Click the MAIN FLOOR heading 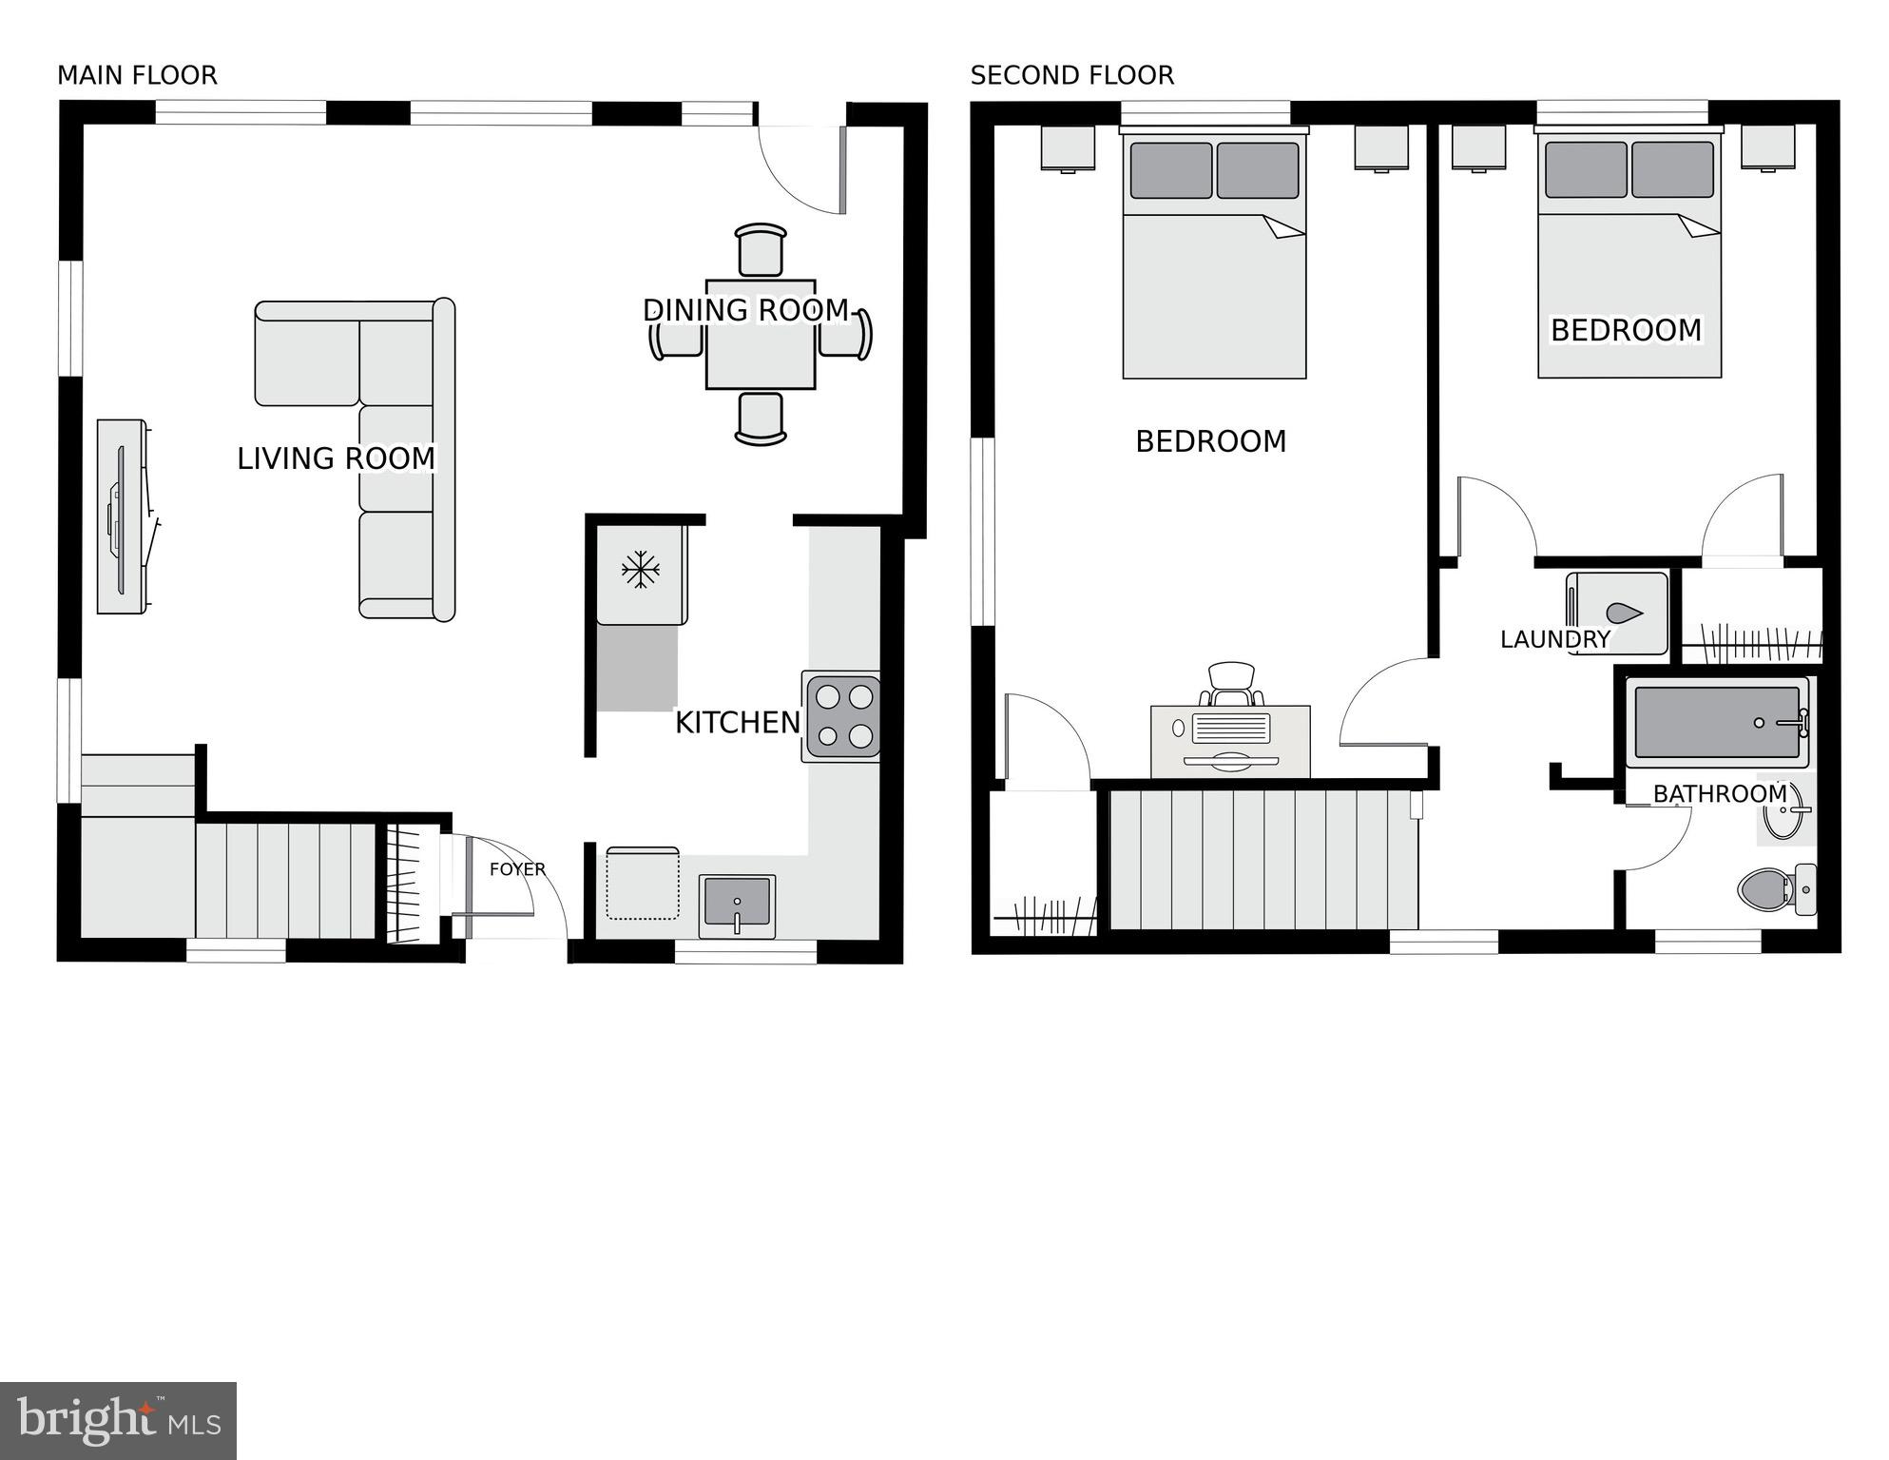[x=137, y=75]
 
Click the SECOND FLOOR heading [x=1071, y=75]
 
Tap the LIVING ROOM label [x=336, y=458]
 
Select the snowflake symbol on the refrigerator [x=641, y=570]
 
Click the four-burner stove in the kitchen [x=843, y=716]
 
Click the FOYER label [x=517, y=869]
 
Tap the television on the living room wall [x=122, y=516]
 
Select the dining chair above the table [x=761, y=250]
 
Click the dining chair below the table [x=761, y=419]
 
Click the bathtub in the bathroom [x=1717, y=723]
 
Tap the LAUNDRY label [x=1554, y=640]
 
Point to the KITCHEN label [x=738, y=723]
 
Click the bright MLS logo [x=118, y=1421]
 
